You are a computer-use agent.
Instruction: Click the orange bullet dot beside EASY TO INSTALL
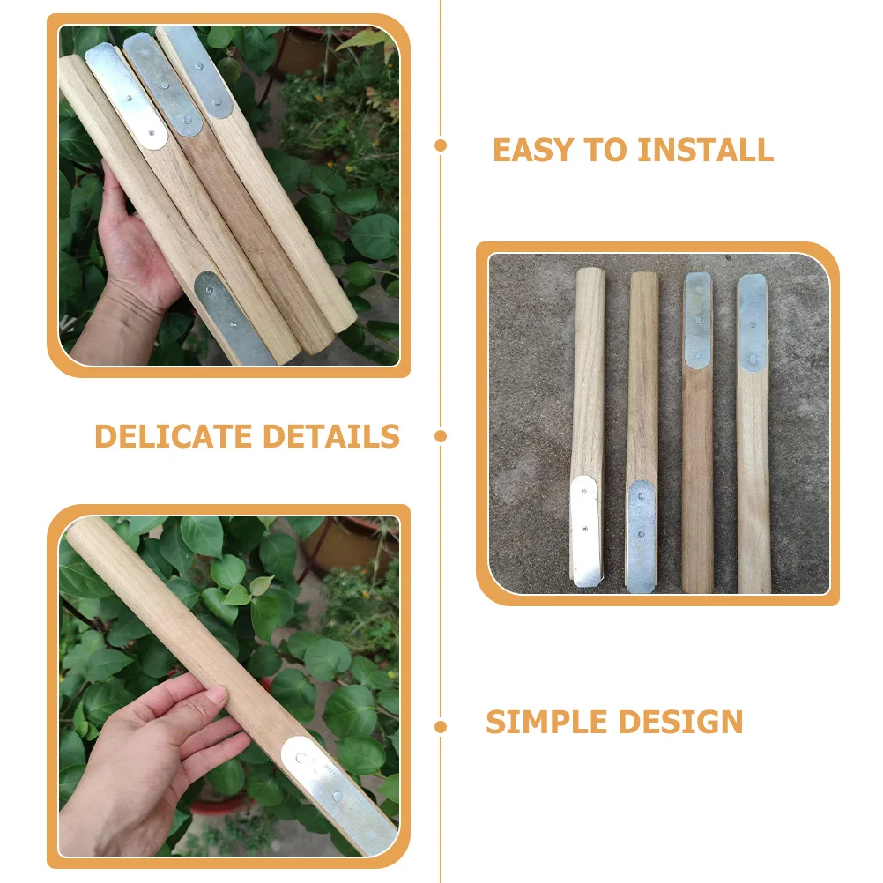[441, 146]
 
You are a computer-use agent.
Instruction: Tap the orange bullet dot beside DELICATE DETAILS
[441, 436]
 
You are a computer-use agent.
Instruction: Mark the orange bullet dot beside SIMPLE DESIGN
[441, 727]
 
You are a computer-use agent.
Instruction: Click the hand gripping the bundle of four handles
[132, 256]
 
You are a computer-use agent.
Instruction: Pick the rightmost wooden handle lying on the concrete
[753, 458]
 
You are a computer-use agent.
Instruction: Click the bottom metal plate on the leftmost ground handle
[586, 531]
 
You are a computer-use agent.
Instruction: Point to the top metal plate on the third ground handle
[698, 319]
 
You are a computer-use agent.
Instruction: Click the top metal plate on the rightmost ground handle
[752, 322]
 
